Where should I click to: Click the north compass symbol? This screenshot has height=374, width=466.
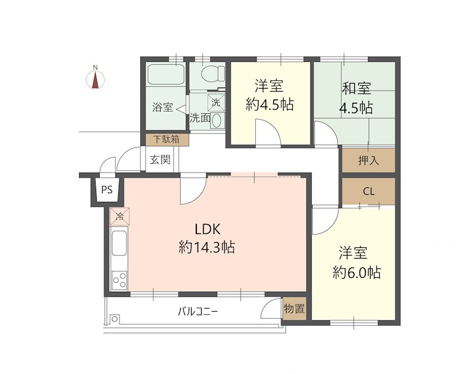coord(95,78)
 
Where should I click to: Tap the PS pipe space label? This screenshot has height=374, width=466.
coord(106,190)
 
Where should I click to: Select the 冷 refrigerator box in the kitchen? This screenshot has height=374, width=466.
coord(119,217)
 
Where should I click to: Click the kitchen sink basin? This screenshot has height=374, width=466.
coord(119,243)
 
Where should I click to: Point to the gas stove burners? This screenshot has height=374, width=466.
coord(119,280)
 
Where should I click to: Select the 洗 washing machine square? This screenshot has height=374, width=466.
coord(216,101)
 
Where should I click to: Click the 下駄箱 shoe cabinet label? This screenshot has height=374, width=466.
coord(167,140)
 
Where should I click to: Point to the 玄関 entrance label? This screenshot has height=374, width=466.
coord(160,159)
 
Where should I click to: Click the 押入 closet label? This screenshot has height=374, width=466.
coord(368,160)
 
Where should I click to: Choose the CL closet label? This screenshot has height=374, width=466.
coord(368,191)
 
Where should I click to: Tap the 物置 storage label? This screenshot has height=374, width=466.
coord(294,309)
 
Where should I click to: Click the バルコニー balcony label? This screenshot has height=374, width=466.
coord(198,312)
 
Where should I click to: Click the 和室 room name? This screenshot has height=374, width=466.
coord(356,89)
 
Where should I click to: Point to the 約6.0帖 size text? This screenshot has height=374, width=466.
coord(357,272)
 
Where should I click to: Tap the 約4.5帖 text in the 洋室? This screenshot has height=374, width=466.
coord(269,105)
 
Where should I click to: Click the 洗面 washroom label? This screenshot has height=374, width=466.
coord(200,117)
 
